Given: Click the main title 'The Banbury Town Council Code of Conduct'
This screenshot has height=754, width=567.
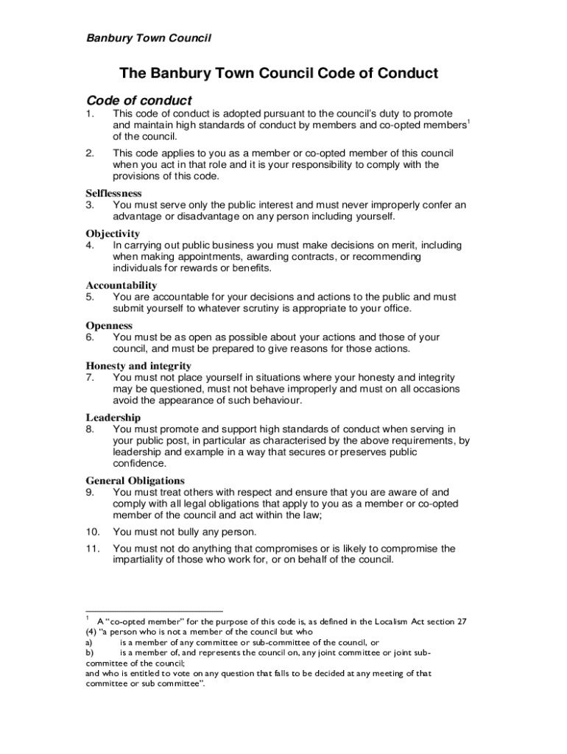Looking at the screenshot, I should [x=279, y=74].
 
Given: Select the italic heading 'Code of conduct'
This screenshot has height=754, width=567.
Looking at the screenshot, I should [x=139, y=100].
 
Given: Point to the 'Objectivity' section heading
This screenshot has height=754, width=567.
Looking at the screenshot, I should [x=113, y=233].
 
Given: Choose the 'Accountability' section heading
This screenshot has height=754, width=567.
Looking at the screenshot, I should [x=121, y=285].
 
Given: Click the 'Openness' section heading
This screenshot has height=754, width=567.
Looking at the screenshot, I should [x=109, y=325].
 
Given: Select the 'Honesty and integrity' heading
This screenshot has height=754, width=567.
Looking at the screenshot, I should [x=138, y=366].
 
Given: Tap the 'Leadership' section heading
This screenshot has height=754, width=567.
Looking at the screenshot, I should [x=113, y=417].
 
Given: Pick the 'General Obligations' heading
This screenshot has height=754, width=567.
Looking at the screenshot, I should [x=135, y=481].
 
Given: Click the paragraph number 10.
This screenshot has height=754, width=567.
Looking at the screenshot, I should [x=92, y=532].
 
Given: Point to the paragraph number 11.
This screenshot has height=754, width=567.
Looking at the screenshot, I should [x=92, y=549].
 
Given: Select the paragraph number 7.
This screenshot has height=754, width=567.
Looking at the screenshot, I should [x=89, y=377].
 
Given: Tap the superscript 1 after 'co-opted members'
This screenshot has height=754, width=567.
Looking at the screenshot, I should [x=468, y=121].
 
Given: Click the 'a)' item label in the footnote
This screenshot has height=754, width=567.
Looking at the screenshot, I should [x=90, y=642].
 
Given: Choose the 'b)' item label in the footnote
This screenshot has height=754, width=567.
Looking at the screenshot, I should [x=90, y=652].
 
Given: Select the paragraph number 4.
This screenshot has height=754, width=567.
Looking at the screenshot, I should [x=89, y=245].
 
